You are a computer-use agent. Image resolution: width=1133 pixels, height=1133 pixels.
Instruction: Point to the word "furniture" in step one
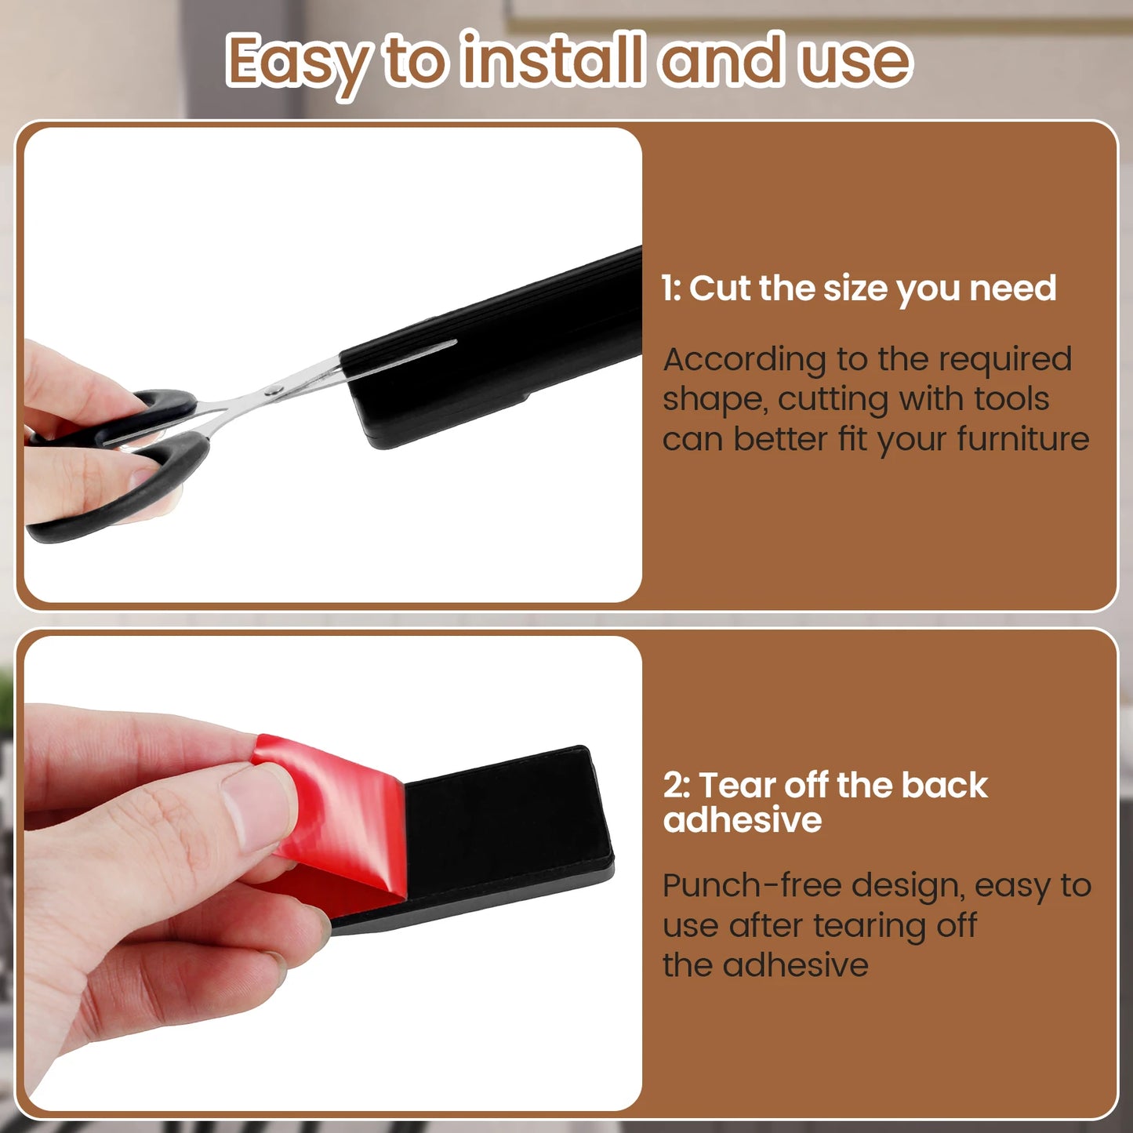1022,439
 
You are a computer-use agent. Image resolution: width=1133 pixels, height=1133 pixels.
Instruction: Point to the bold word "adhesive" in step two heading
743,819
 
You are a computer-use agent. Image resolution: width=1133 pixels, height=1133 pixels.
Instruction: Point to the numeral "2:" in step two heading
677,786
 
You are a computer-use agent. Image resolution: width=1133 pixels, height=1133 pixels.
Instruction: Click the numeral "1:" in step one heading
671,289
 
